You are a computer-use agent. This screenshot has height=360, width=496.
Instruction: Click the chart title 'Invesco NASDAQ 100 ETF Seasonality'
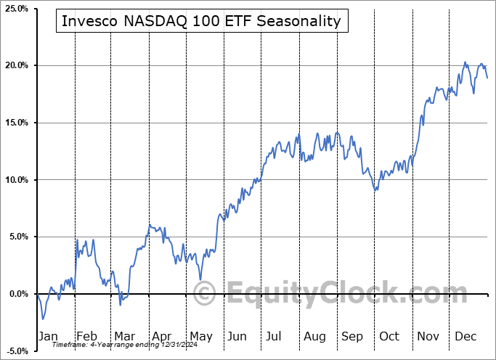click(x=201, y=21)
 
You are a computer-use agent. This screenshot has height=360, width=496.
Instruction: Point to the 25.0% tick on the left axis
click(x=15, y=9)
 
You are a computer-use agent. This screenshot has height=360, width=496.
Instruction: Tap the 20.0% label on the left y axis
click(x=15, y=65)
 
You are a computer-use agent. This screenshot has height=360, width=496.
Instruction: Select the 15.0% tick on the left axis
click(x=15, y=123)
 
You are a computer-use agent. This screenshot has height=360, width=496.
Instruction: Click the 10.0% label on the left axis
click(x=15, y=180)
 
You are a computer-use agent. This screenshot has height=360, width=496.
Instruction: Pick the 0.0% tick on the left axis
click(x=17, y=294)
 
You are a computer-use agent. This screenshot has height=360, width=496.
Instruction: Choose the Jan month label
click(x=47, y=336)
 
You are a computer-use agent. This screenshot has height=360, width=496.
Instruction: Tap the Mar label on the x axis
click(x=123, y=336)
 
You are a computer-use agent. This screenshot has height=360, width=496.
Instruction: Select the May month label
click(x=200, y=336)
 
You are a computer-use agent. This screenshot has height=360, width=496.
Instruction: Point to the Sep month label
click(x=352, y=336)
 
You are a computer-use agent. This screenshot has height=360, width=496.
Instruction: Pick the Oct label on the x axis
click(x=389, y=336)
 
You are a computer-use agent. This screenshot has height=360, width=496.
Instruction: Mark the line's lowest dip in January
click(x=43, y=319)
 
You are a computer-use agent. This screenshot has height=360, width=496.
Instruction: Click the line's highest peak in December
click(x=465, y=62)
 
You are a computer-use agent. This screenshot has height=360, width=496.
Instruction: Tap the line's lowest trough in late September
click(x=375, y=190)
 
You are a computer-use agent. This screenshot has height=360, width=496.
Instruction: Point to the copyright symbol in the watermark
click(x=206, y=293)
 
